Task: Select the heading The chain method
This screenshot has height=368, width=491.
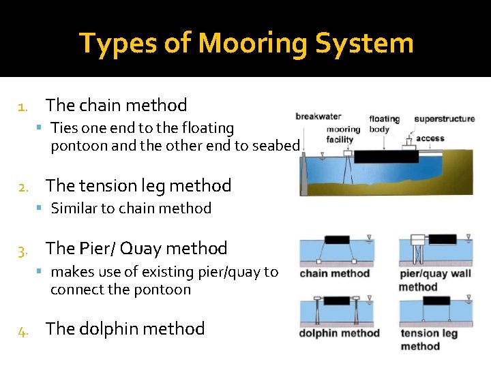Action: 116,105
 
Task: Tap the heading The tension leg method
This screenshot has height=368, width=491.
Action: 138,185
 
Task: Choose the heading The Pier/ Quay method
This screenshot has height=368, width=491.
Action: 136,248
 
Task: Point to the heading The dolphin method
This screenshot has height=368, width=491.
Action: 125,328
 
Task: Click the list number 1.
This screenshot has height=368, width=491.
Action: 23,106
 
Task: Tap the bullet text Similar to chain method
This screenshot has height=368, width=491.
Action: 131,209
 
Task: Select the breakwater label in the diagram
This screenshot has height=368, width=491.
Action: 318,117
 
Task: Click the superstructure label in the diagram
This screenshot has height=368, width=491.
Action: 445,119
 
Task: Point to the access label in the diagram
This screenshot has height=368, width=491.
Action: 430,138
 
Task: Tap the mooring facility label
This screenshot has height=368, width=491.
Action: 342,134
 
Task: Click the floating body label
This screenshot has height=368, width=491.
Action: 385,124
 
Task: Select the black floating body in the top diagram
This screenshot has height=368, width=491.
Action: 386,157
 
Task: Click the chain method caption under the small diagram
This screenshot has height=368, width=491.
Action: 334,274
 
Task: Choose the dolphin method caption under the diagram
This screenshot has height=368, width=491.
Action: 339,333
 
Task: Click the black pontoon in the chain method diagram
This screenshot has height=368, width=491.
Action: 337,240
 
